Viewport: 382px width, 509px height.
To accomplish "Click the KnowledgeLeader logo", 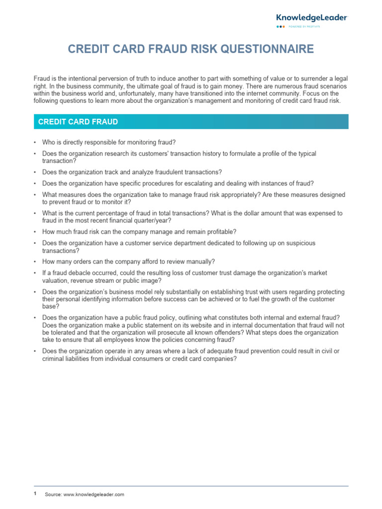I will pyautogui.click(x=312, y=18).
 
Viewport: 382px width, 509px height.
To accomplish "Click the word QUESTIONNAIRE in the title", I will pyautogui.click(x=271, y=49).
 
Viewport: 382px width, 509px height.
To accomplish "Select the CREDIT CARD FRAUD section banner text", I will pyautogui.click(x=78, y=122).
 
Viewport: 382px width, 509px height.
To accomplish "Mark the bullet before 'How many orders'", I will pyautogui.click(x=35, y=262).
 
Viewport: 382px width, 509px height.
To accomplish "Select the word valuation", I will pyautogui.click(x=56, y=280).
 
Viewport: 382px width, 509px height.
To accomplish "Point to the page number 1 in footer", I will pyautogui.click(x=35, y=494).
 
